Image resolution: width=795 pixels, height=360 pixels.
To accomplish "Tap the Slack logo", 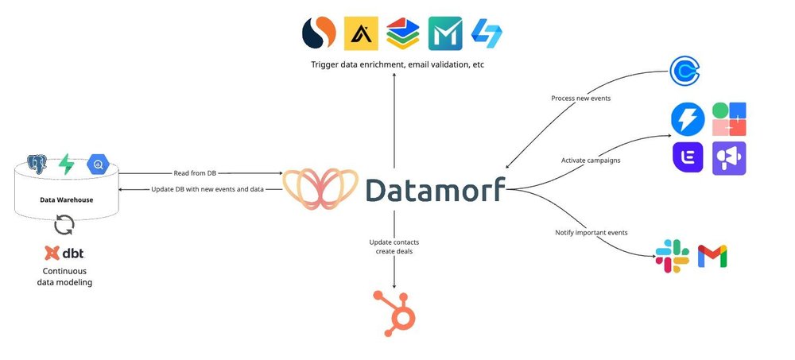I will tap(672, 256).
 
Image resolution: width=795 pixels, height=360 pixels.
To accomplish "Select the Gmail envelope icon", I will tap(712, 256).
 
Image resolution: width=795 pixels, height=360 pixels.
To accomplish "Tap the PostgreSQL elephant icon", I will tap(37, 165).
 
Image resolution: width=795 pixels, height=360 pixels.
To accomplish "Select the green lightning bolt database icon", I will tap(66, 165).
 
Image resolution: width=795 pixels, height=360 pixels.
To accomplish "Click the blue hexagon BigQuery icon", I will tap(100, 165).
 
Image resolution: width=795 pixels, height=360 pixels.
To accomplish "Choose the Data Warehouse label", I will tap(67, 199).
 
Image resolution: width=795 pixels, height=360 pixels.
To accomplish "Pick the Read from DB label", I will tap(195, 172).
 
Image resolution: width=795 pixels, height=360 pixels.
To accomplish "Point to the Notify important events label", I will tap(591, 232).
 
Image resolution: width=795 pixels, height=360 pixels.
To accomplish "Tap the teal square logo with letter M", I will tap(444, 34).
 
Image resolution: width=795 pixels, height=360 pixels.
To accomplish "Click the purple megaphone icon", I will tap(729, 158).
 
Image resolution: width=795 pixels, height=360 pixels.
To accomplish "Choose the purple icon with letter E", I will tap(688, 158).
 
